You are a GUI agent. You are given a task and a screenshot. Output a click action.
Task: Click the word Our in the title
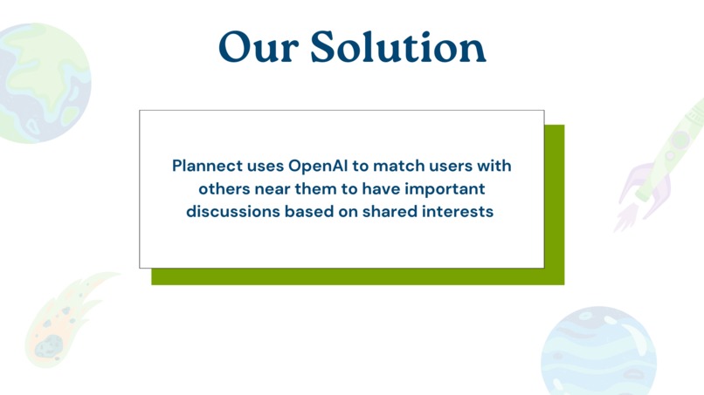[256, 47]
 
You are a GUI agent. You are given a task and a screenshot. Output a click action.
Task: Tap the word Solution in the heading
[397, 47]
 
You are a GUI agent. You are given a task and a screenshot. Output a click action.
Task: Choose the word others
[223, 188]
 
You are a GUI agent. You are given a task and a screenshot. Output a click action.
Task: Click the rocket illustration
[661, 166]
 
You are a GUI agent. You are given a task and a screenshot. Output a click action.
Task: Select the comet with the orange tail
[61, 318]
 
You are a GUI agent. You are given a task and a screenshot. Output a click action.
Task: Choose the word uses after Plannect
[264, 166]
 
